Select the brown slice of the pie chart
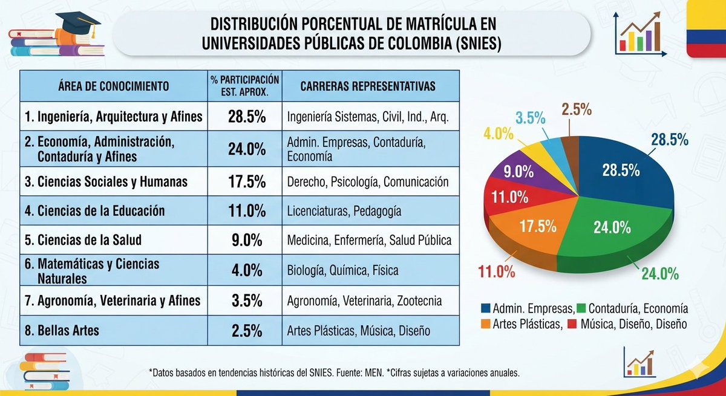571,152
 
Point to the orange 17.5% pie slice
532,230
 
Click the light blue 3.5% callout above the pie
531,118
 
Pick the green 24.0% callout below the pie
660,274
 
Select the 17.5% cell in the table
247,181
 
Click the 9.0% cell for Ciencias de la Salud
247,240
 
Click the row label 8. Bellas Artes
62,331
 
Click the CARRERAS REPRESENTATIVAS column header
368,86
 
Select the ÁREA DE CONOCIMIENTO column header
114,86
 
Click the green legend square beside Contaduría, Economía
581,308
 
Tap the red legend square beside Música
572,324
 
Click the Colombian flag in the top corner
706,29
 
